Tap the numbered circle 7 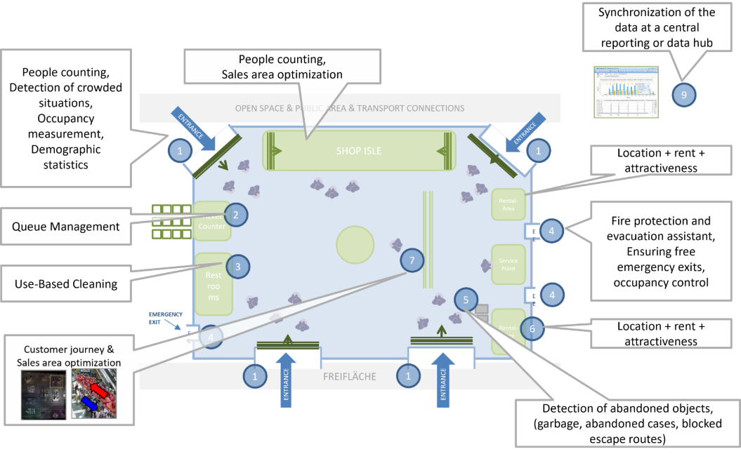pos(412,261)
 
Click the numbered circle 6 pos(532,328)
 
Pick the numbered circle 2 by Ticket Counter pos(236,215)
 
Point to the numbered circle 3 pos(238,267)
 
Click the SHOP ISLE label pos(358,151)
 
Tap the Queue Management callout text pos(65,227)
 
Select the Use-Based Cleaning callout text pos(66,284)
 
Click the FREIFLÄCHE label pos(349,377)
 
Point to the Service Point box pos(509,265)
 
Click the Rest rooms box pos(213,286)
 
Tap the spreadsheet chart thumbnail pos(625,92)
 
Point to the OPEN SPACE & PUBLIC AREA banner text pos(349,108)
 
